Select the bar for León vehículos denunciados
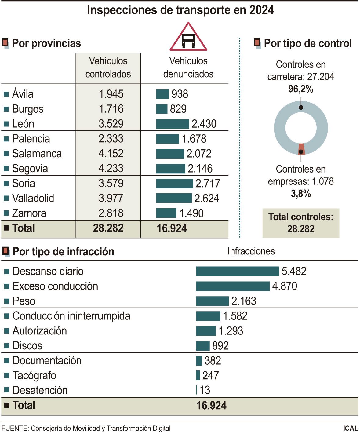[x=172, y=124]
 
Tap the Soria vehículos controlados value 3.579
[x=111, y=183]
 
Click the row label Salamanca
[x=37, y=153]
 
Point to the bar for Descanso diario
[x=237, y=271]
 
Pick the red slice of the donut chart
[x=301, y=149]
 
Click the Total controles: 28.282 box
[x=301, y=223]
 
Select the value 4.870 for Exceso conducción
[x=284, y=286]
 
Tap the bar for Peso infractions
[x=212, y=301]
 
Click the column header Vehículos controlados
[x=108, y=67]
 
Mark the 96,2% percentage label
[x=301, y=89]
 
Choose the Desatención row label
[x=40, y=390]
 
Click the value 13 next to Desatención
[x=205, y=390]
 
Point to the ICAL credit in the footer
[x=350, y=428]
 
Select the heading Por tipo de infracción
[x=63, y=252]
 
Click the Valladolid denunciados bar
[x=174, y=198]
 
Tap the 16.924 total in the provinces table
[x=172, y=228]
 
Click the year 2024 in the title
[x=261, y=10]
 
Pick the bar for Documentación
[x=199, y=361]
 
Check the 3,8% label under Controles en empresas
[x=301, y=193]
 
